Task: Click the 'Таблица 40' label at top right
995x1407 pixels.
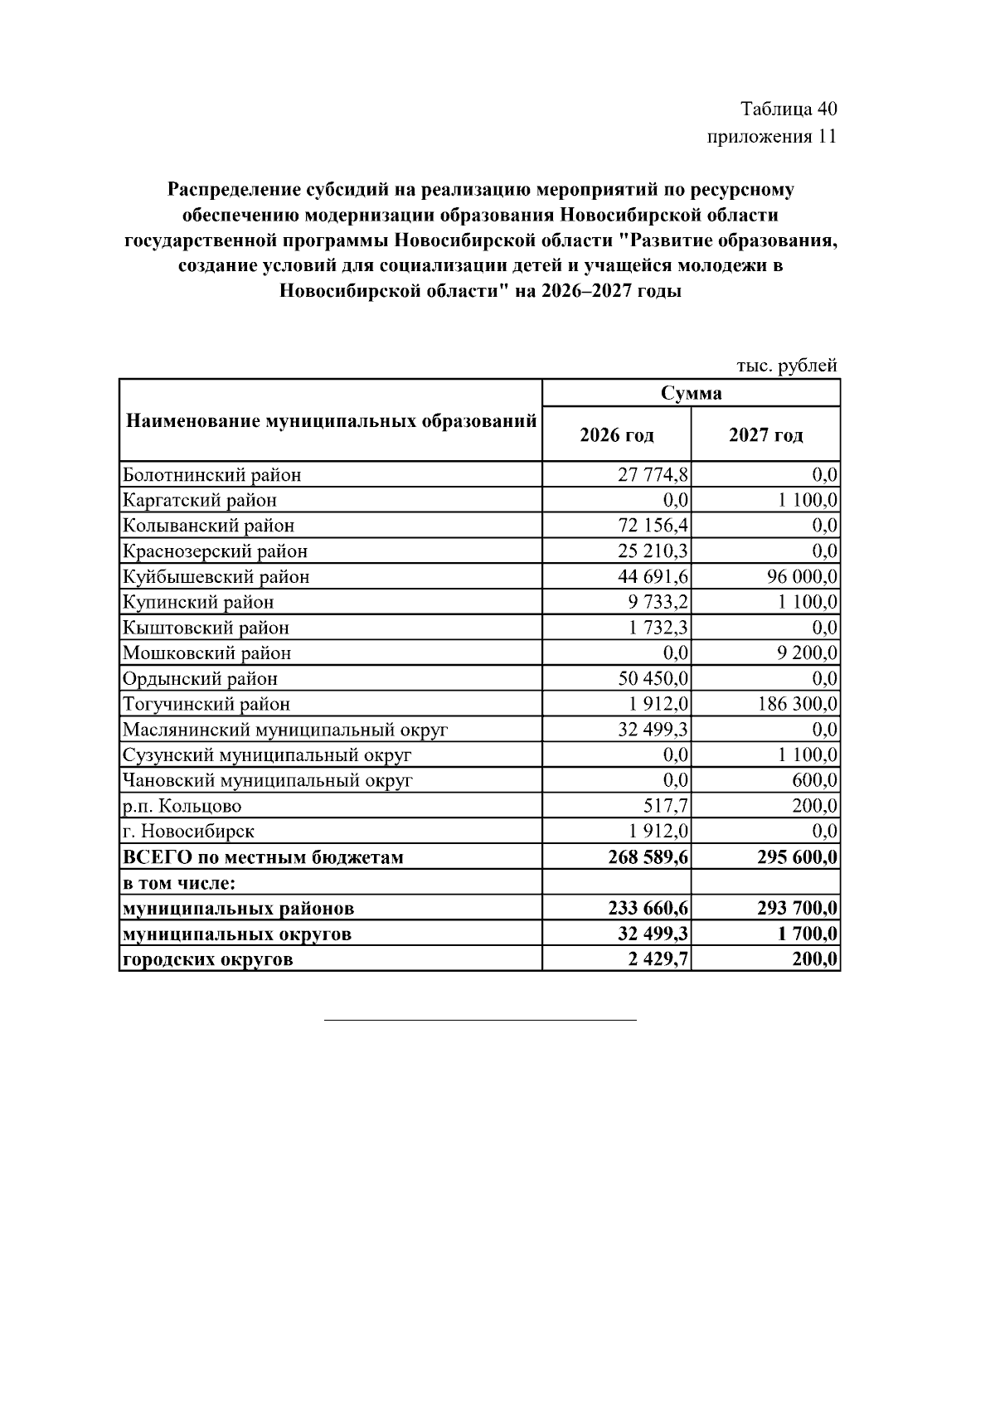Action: [x=789, y=109]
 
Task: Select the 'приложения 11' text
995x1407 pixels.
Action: [x=771, y=137]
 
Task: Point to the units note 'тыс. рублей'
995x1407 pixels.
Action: [x=786, y=366]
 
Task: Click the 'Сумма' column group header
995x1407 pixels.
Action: [x=691, y=393]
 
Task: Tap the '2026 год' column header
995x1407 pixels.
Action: [x=616, y=435]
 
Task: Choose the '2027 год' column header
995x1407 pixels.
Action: [x=765, y=435]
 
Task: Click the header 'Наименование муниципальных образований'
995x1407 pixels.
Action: [x=331, y=421]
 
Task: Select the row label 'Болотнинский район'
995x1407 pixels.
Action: [x=211, y=475]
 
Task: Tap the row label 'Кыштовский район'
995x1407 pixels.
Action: [x=206, y=628]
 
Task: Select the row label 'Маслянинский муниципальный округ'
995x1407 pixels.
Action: [x=284, y=730]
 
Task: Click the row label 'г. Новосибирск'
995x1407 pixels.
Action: [x=188, y=831]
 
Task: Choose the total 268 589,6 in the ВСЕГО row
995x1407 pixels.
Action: [x=648, y=856]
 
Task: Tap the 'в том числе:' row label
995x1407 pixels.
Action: [x=179, y=883]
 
